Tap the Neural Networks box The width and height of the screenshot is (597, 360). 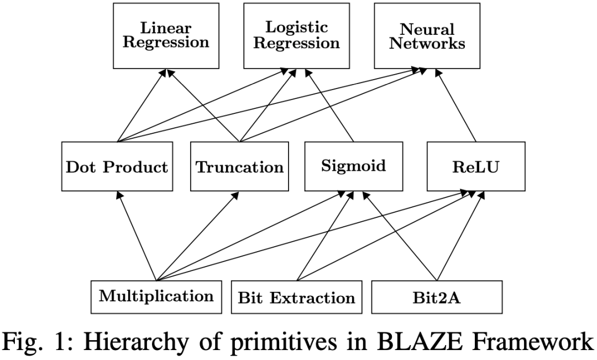(x=427, y=36)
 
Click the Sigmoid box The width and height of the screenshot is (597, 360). (x=353, y=166)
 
